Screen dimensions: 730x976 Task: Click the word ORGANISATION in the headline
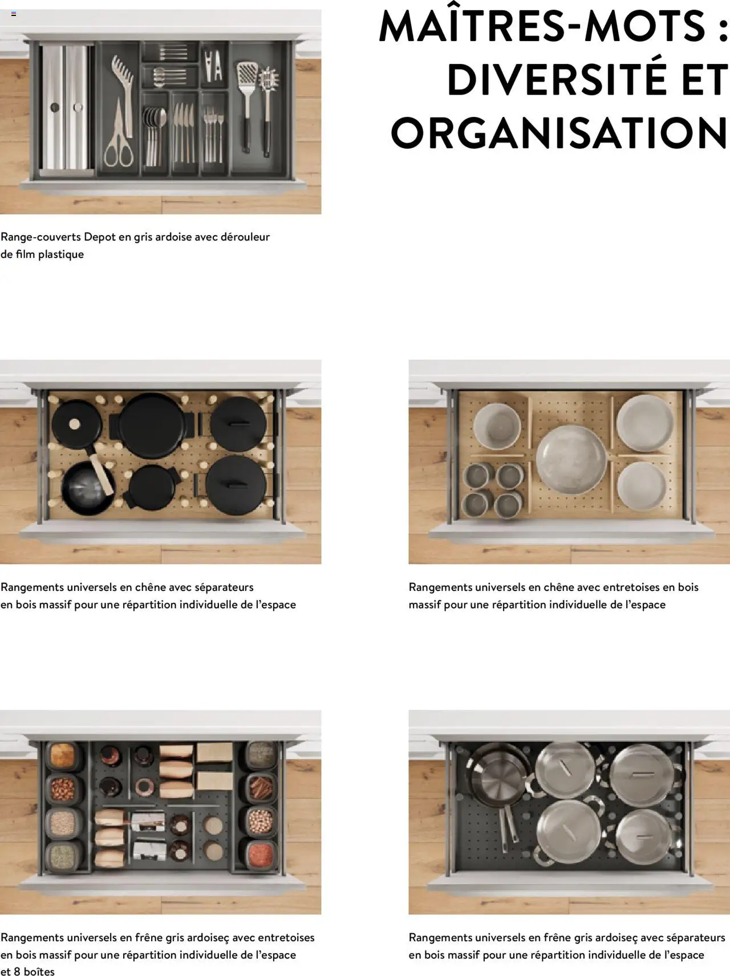pos(559,132)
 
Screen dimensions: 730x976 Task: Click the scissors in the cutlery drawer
pos(119,134)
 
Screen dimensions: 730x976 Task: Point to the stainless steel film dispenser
pos(67,107)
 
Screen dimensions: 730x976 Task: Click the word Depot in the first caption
pos(100,237)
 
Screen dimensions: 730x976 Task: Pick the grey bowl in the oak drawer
pos(497,426)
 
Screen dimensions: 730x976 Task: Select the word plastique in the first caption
pos(61,254)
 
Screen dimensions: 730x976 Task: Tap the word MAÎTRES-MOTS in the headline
pos(542,26)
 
